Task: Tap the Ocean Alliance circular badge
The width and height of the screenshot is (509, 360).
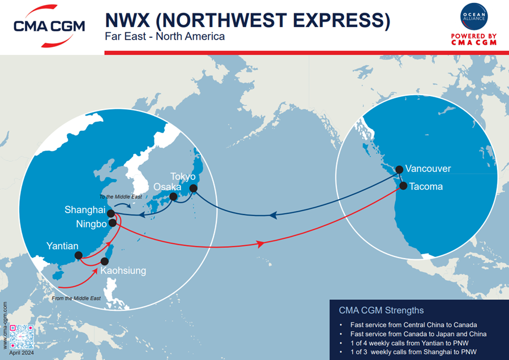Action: (x=473, y=18)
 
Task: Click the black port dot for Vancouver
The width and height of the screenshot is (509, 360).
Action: (x=399, y=169)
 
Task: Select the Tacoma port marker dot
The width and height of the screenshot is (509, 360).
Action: (x=404, y=185)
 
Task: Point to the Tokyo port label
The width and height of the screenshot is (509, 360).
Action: (x=183, y=177)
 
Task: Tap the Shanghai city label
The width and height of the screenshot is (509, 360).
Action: (x=85, y=210)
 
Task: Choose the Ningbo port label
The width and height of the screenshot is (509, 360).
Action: (x=91, y=225)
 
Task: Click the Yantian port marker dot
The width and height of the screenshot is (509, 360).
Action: (x=77, y=255)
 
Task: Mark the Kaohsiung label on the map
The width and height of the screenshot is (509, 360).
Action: (x=123, y=271)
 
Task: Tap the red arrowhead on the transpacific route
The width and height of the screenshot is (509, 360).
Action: (x=261, y=244)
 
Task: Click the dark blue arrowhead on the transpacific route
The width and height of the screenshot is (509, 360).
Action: (x=273, y=215)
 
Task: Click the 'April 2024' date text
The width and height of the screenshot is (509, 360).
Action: (x=22, y=353)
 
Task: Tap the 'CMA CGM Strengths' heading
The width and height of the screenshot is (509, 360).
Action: (x=381, y=310)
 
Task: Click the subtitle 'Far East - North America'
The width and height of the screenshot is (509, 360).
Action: (x=165, y=36)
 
